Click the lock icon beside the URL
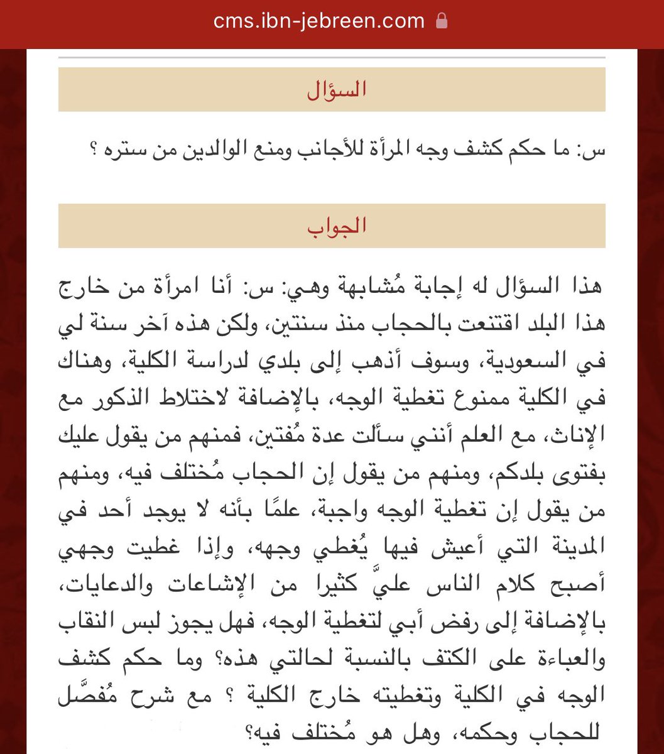coord(442,21)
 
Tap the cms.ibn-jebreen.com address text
coord(319,21)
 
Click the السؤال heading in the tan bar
coord(337,90)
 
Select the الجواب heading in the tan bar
coord(337,226)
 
